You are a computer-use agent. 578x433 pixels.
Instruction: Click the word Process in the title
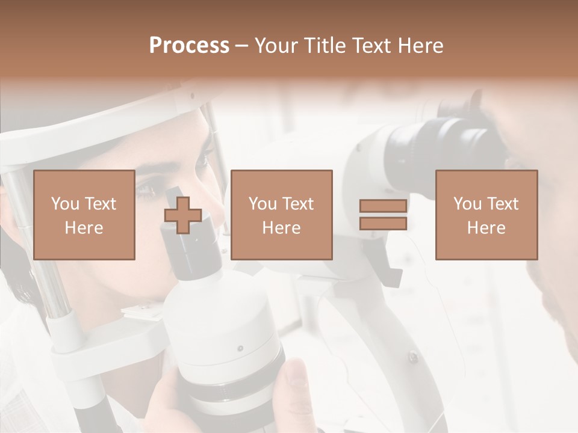[x=189, y=46]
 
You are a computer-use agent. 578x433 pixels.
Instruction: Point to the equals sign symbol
[x=383, y=215]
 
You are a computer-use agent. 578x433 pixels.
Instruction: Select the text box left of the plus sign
[x=84, y=215]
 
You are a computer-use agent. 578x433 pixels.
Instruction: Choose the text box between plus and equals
[x=282, y=215]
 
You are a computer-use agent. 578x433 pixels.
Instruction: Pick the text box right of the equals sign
[x=486, y=215]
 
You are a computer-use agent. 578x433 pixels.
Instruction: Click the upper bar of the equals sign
[x=383, y=206]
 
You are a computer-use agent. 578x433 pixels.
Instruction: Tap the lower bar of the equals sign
[x=383, y=223]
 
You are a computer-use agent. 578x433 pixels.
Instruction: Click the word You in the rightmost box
[x=467, y=204]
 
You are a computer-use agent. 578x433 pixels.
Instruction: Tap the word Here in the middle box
[x=282, y=228]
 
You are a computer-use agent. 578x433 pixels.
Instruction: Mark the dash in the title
[x=241, y=46]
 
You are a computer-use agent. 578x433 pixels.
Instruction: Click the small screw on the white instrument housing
[x=240, y=348]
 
